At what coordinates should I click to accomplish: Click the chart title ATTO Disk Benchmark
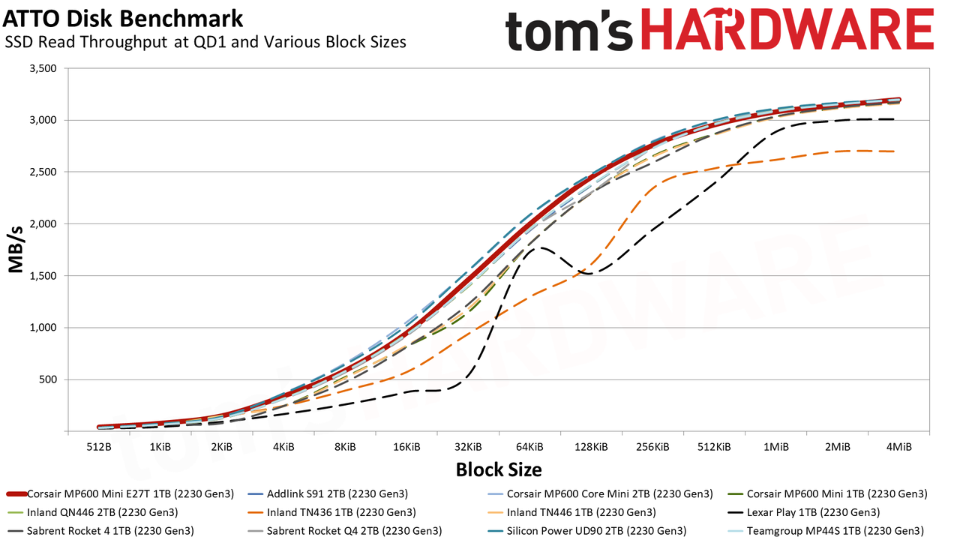click(x=122, y=19)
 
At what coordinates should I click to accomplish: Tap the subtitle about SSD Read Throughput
click(x=205, y=42)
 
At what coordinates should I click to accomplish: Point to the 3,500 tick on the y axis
click(x=43, y=68)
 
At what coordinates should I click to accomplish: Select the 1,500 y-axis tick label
click(x=43, y=275)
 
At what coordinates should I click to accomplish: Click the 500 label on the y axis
click(x=49, y=379)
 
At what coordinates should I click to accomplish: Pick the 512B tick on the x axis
click(x=99, y=447)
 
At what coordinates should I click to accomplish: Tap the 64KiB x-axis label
click(x=529, y=447)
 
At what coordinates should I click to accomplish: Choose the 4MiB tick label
click(x=898, y=447)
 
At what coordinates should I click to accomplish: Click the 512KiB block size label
click(x=714, y=447)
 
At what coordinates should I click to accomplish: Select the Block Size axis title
click(x=499, y=470)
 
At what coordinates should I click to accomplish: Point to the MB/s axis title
click(x=16, y=250)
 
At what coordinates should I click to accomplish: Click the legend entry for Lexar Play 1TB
click(x=804, y=512)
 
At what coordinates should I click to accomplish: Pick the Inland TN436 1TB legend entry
click(x=331, y=512)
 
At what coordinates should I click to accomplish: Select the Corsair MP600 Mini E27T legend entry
click(x=121, y=493)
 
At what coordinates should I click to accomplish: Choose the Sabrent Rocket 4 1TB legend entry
click(x=100, y=530)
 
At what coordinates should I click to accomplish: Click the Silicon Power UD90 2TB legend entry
click(x=587, y=530)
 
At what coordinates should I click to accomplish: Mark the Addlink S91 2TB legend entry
click(x=328, y=493)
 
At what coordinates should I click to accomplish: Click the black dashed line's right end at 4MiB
click(x=894, y=119)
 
